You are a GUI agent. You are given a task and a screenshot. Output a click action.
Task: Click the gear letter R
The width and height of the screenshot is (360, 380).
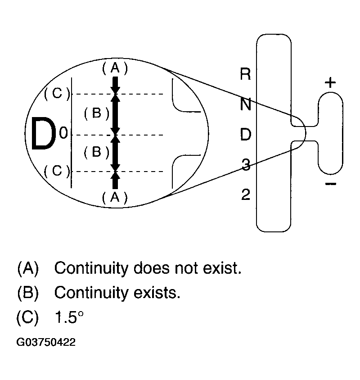(x=245, y=74)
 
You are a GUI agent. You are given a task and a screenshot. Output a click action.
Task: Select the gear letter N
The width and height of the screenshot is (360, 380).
(x=245, y=104)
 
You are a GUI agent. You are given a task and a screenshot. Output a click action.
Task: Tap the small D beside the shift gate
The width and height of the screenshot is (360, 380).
(x=245, y=135)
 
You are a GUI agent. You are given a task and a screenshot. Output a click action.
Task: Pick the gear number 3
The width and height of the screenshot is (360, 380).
(x=245, y=165)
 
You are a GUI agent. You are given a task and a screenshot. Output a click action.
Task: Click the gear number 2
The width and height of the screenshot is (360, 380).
(x=245, y=195)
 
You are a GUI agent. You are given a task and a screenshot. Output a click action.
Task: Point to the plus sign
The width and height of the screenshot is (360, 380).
(x=330, y=83)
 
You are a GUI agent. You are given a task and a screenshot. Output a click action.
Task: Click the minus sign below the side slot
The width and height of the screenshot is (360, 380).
(x=330, y=184)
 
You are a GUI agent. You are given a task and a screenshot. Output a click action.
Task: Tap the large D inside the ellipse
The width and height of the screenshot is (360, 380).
(x=43, y=135)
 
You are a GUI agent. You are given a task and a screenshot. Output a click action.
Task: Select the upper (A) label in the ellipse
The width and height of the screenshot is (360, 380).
(x=115, y=68)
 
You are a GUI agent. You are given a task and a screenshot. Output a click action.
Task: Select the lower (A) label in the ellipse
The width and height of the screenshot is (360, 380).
(x=115, y=197)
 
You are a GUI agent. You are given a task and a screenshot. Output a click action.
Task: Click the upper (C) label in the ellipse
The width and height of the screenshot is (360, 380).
(x=57, y=94)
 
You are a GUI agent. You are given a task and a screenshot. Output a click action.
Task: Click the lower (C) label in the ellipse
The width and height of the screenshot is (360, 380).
(x=57, y=171)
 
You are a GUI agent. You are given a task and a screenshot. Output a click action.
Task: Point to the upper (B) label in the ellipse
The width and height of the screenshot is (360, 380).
(x=96, y=113)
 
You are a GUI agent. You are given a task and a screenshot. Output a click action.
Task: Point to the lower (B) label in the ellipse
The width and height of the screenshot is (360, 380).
(x=96, y=152)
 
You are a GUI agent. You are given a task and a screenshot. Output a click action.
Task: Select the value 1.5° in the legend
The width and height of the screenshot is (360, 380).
(x=68, y=317)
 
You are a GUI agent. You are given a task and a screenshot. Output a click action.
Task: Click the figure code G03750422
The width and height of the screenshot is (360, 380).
(x=46, y=343)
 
